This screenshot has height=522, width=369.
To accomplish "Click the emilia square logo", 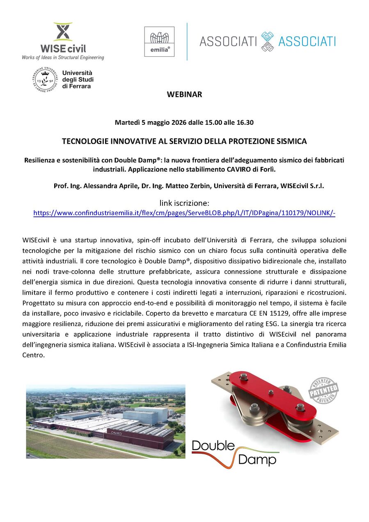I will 159,41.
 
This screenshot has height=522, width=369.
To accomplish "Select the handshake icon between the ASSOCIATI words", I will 267,41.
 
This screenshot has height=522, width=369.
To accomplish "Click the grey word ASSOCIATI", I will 228,41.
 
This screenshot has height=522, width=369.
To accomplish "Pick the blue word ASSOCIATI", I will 307,41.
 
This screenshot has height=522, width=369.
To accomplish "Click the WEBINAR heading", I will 184,95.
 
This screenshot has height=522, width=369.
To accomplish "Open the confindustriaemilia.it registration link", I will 184,213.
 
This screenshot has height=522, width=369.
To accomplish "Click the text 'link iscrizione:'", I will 184,203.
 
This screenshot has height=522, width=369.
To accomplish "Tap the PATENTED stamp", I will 323,391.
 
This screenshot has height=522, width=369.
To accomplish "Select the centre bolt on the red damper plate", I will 272,394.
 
